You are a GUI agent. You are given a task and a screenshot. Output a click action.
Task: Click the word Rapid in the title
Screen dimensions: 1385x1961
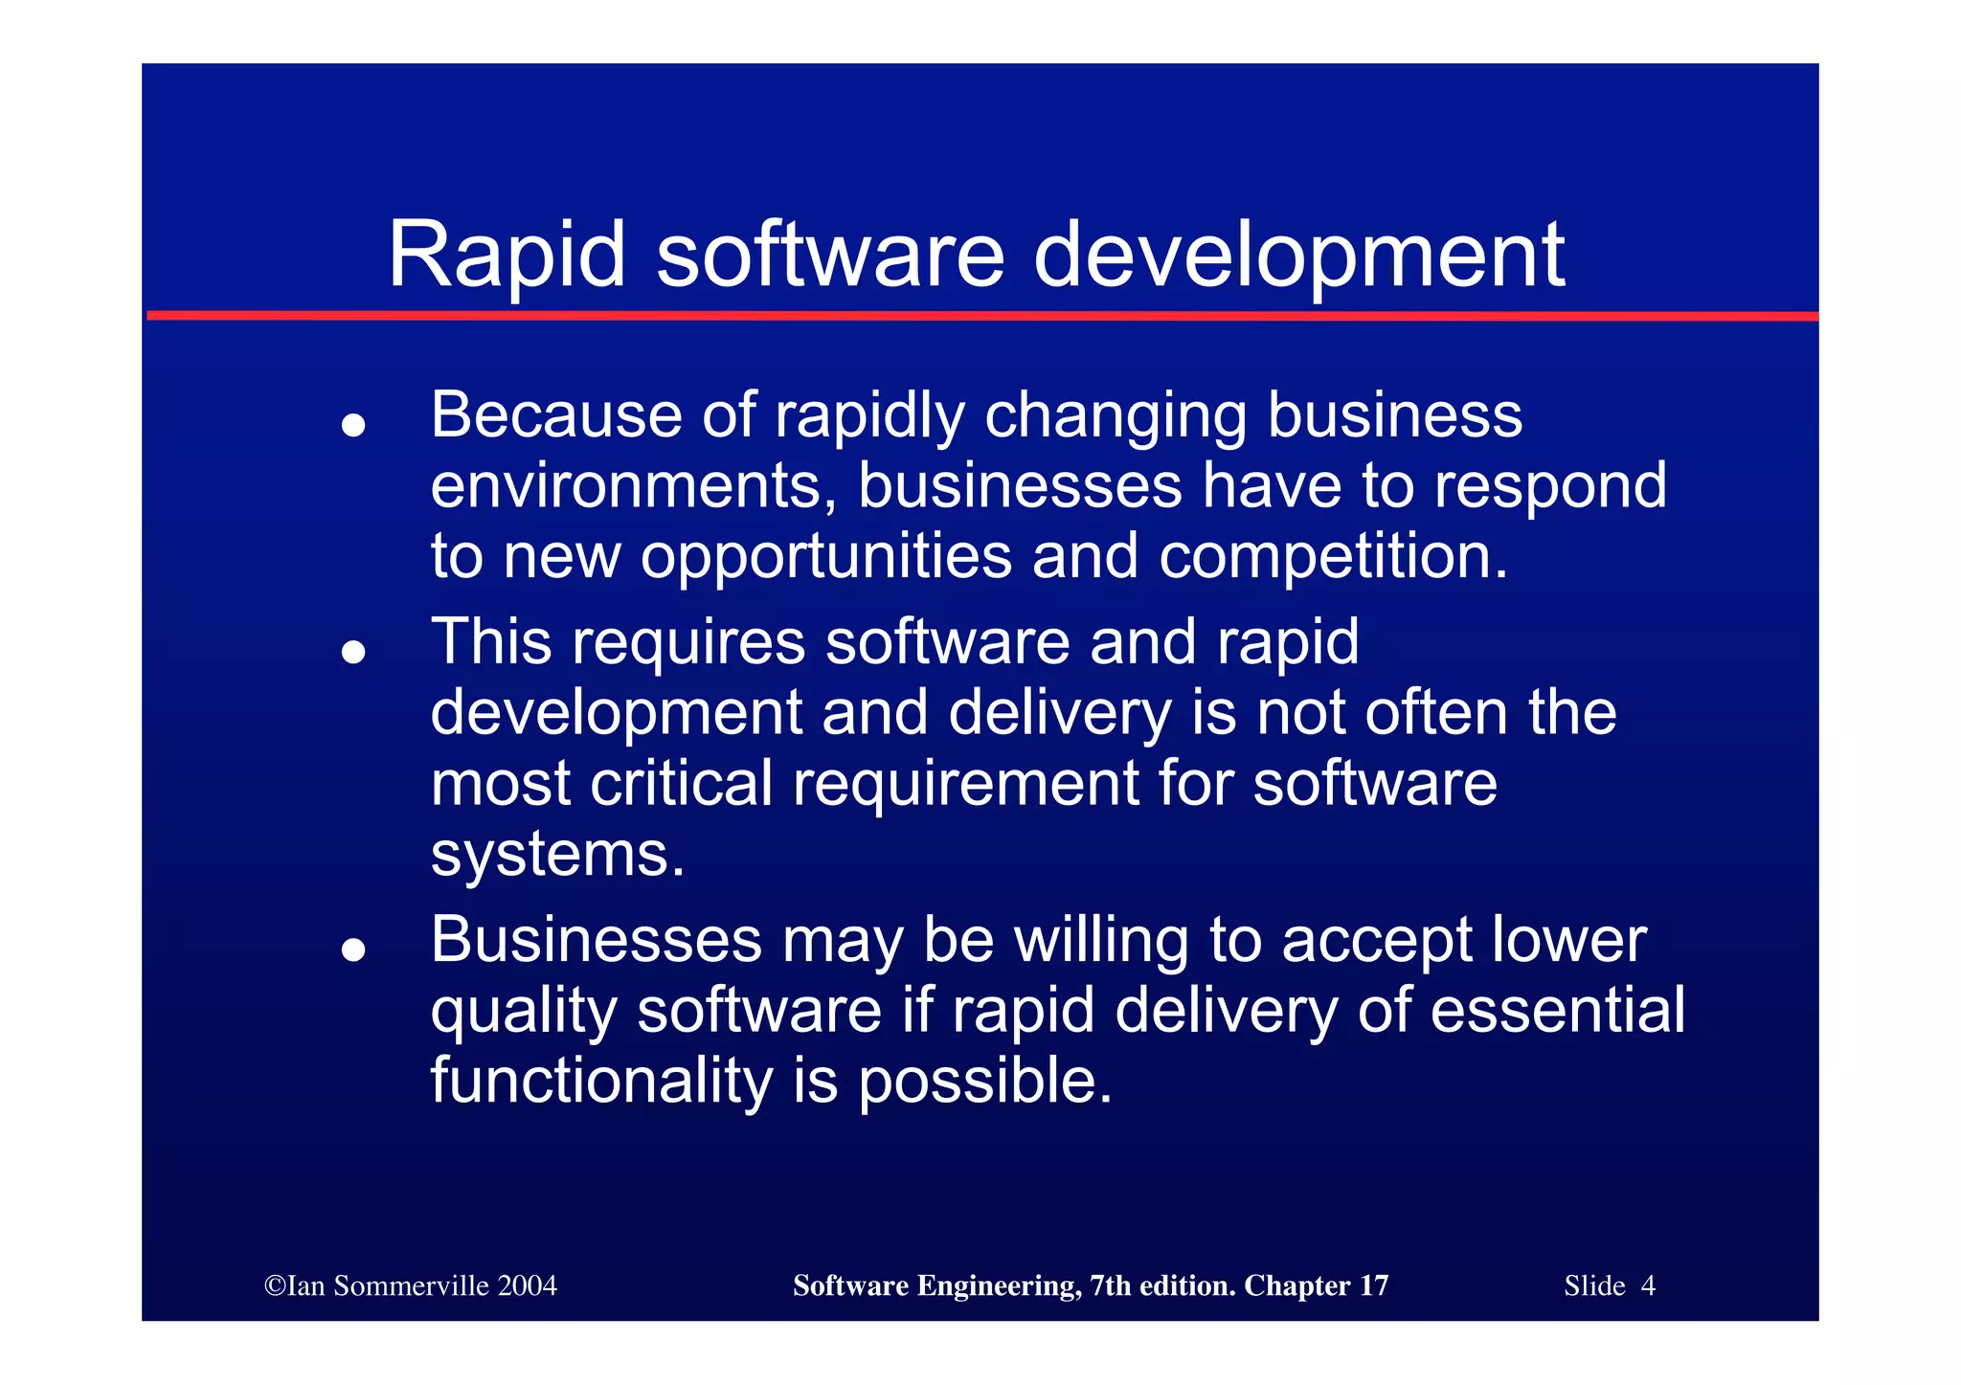[x=506, y=256]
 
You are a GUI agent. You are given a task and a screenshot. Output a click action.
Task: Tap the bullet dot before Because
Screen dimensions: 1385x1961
[x=353, y=425]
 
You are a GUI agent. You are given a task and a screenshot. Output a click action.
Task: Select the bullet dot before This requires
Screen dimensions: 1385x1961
[x=353, y=652]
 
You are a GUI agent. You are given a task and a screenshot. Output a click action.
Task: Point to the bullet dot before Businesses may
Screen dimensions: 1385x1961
[x=353, y=949]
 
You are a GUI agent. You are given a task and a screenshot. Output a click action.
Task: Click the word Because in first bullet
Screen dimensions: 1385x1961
[x=555, y=415]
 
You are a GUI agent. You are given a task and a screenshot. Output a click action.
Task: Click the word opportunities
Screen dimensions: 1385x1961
[x=825, y=557]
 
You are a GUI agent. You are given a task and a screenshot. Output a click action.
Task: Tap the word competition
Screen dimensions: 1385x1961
[x=1332, y=557]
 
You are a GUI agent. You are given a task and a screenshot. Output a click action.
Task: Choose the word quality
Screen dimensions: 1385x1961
[x=523, y=1013]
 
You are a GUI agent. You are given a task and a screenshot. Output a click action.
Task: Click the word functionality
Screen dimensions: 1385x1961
[x=600, y=1082]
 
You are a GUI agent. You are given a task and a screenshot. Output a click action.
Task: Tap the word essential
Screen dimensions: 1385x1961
[x=1557, y=1011]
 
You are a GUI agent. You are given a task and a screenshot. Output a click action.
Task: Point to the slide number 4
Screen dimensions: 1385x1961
[x=1648, y=1286]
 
